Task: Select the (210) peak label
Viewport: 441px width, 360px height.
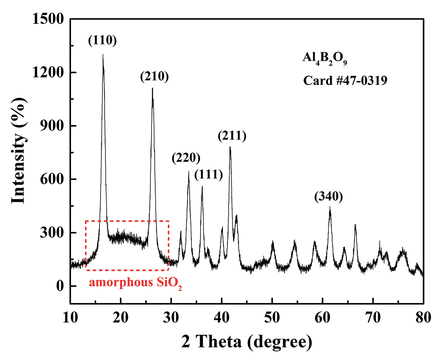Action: [x=154, y=77]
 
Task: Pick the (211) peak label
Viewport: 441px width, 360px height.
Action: [x=232, y=136]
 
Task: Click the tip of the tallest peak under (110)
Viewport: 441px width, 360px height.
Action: [x=103, y=55]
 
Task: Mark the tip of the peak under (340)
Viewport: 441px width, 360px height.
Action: [x=330, y=207]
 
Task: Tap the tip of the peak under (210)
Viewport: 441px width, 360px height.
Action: [x=153, y=88]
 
